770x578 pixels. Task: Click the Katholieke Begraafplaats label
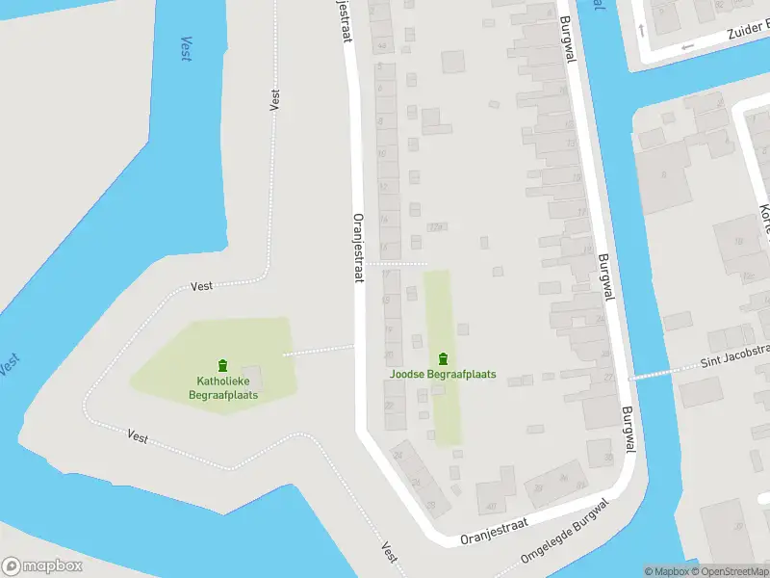coord(222,387)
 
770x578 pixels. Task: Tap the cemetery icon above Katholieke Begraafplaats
coord(223,364)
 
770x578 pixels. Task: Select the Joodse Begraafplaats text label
coord(443,374)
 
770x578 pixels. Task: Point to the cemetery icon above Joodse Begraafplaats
coord(443,358)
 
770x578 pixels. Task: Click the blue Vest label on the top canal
coord(186,48)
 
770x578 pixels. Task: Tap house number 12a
coord(435,227)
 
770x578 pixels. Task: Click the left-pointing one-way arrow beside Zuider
coord(686,47)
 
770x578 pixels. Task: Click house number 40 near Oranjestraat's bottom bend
coord(490,507)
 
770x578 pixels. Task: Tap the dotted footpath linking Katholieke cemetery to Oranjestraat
coord(319,351)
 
